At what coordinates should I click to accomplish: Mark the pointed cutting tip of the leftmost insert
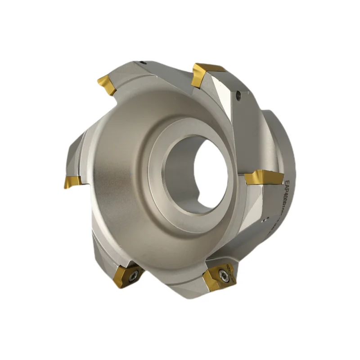point(65,185)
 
